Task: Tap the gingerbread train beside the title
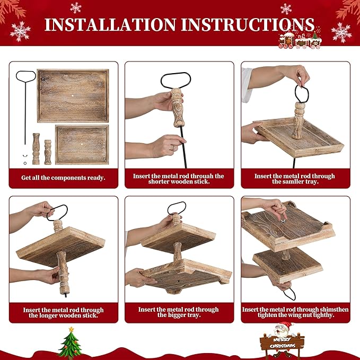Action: point(300,40)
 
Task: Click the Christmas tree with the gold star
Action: point(71,341)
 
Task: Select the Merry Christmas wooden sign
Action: point(282,343)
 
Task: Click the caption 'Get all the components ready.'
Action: point(63,178)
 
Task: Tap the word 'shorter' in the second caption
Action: point(159,182)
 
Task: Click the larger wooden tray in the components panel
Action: point(73,96)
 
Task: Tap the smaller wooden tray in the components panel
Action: point(82,145)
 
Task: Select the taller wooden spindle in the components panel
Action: point(36,149)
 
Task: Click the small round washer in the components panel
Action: point(25,163)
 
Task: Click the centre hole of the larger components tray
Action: point(73,95)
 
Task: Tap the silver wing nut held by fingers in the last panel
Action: point(283,221)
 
